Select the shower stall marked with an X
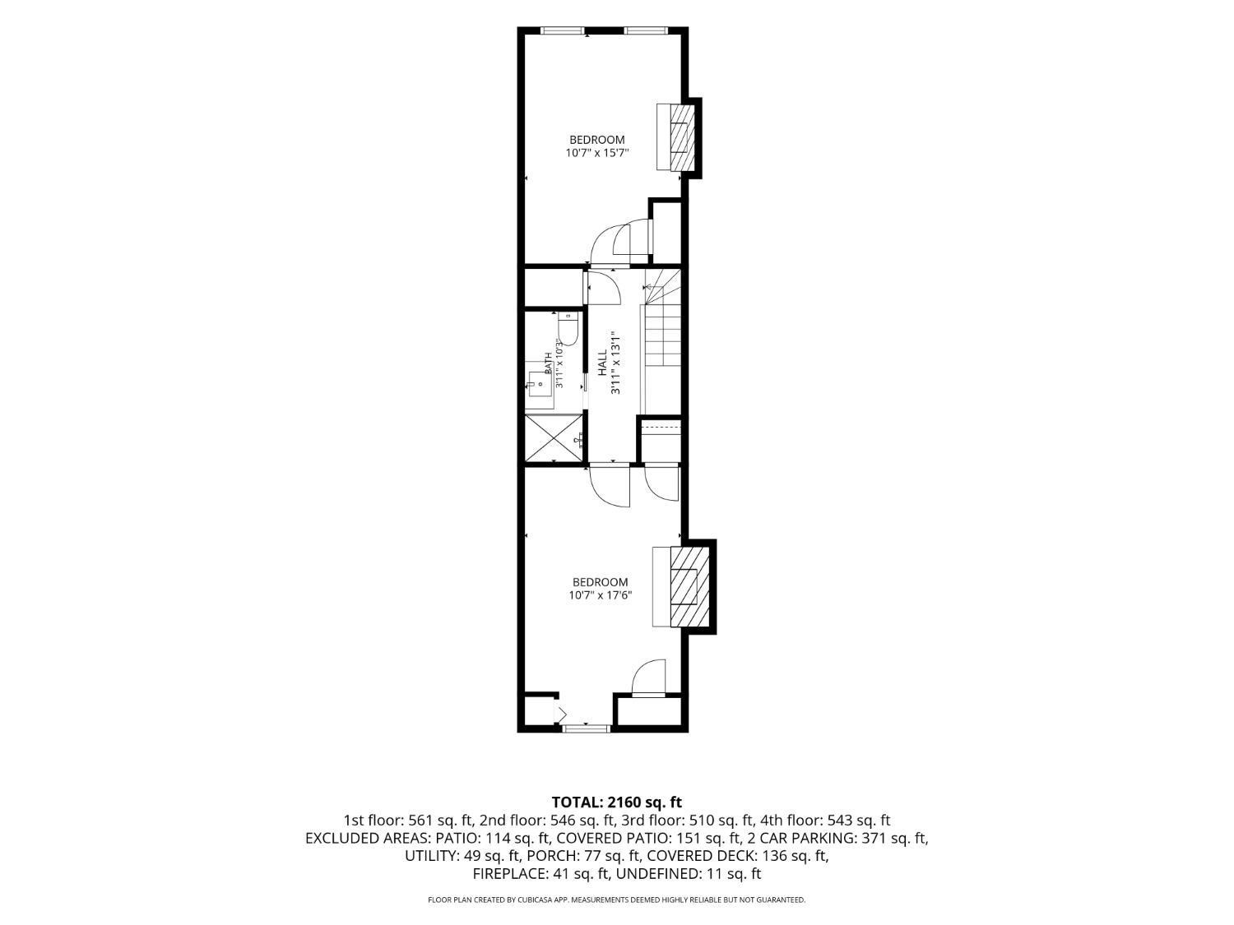point(554,437)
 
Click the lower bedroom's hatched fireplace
point(689,586)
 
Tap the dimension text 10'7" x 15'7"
point(596,152)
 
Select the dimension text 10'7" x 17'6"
point(600,594)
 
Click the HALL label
point(602,363)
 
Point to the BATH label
point(548,363)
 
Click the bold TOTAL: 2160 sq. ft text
point(616,802)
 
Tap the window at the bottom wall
point(586,728)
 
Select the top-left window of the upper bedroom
point(562,30)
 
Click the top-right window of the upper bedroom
point(646,30)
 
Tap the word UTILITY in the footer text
point(430,856)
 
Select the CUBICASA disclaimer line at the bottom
point(616,900)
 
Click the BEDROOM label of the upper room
point(597,139)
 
